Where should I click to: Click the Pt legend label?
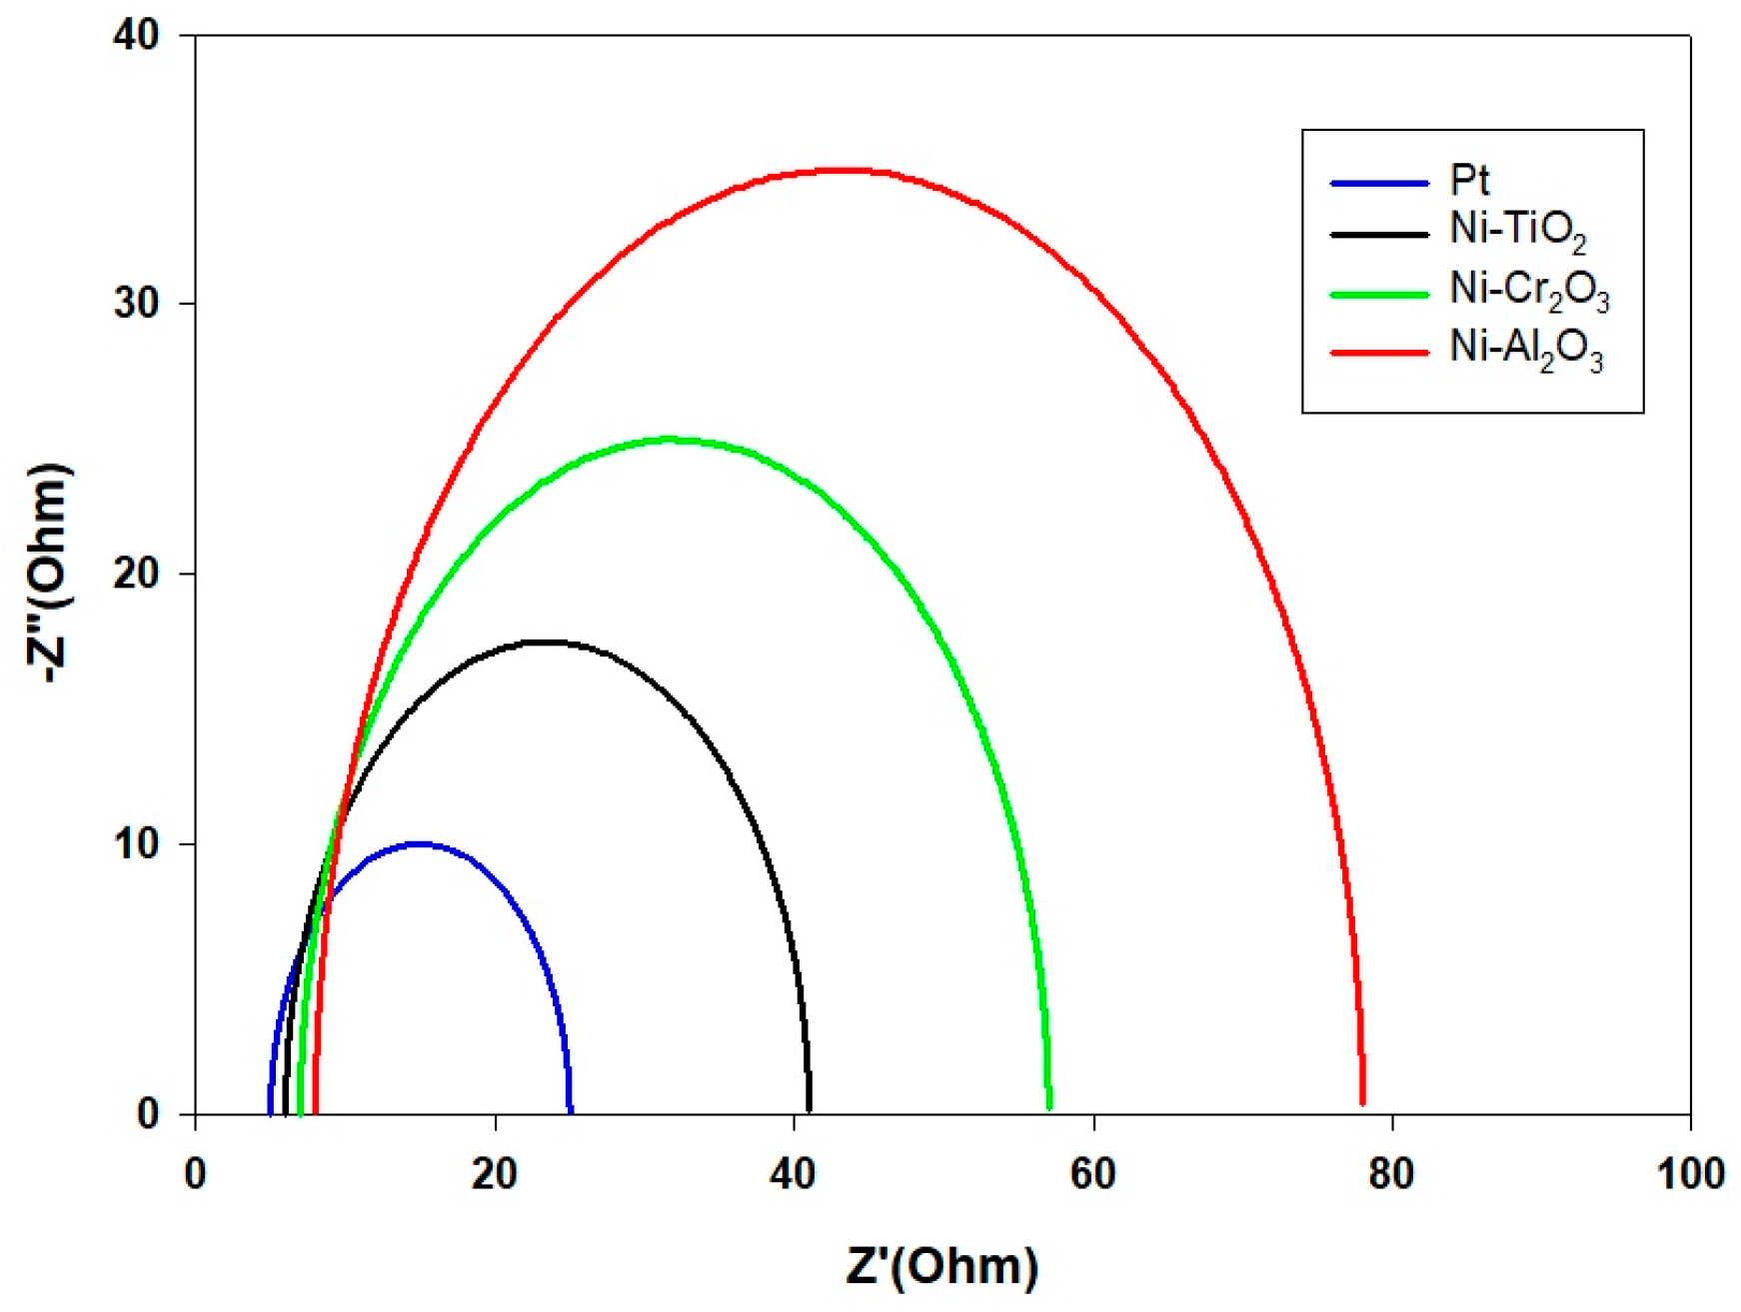click(x=1469, y=181)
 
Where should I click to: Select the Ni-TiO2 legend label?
click(x=1517, y=232)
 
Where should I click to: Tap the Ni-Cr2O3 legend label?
click(x=1529, y=291)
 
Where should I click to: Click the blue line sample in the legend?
click(x=1379, y=183)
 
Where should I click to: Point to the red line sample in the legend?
click(x=1379, y=352)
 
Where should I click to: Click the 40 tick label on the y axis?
click(x=137, y=35)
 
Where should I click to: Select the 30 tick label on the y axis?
click(x=137, y=304)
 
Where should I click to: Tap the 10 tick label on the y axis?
click(x=137, y=844)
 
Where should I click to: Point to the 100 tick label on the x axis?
click(x=1690, y=1174)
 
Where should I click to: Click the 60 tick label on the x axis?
click(x=1092, y=1174)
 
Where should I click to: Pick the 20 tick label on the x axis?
click(x=495, y=1174)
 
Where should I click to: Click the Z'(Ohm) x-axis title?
click(x=941, y=1266)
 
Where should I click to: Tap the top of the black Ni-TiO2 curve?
click(x=545, y=642)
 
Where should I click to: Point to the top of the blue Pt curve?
click(x=420, y=844)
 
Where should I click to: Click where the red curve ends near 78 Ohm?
click(x=1362, y=1101)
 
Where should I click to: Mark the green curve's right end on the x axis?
click(x=1048, y=1105)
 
